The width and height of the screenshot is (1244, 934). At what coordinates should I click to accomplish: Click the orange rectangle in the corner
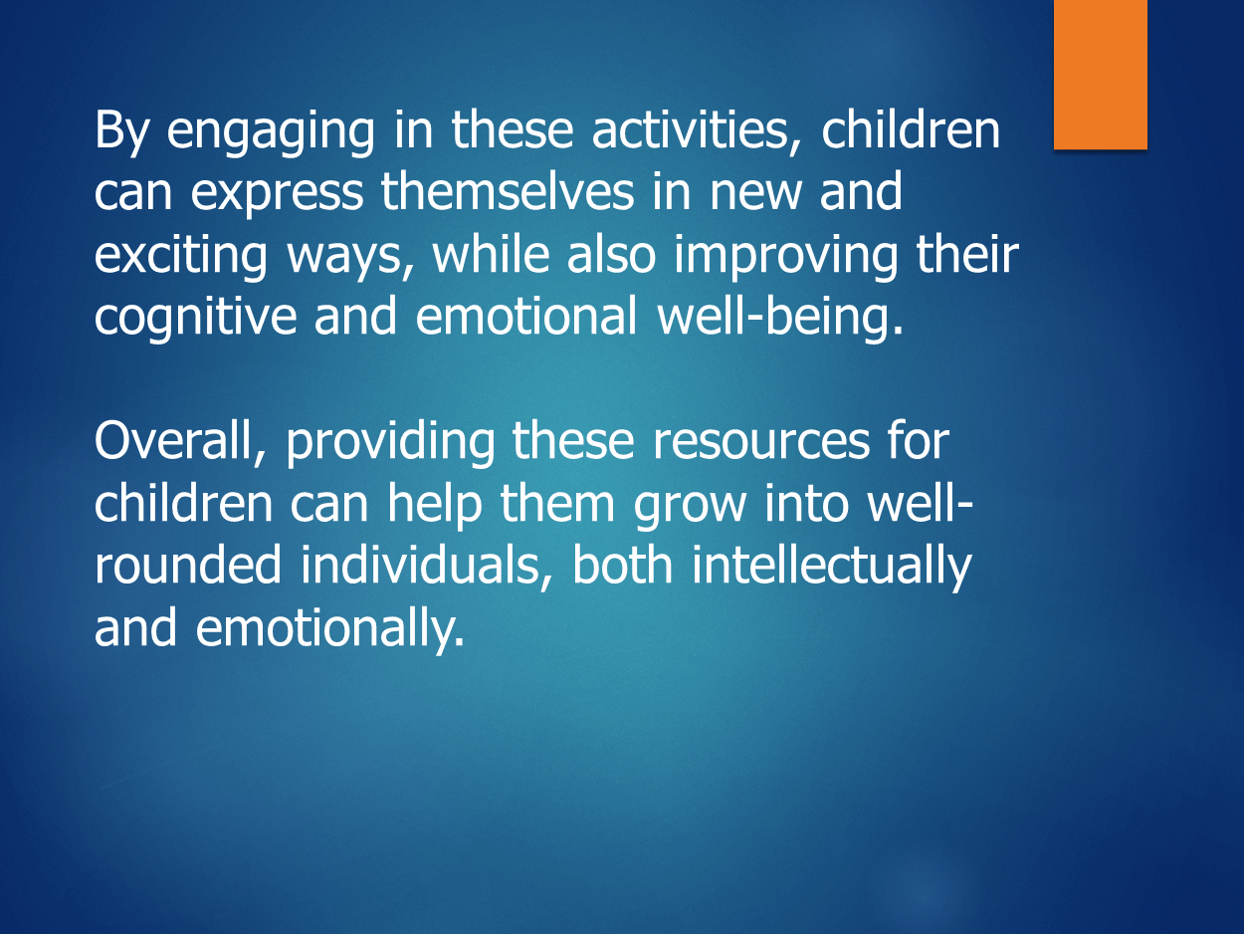[x=1100, y=75]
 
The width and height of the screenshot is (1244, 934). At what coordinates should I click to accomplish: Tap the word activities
[x=697, y=130]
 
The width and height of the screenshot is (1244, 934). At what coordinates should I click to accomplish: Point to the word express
[x=277, y=194]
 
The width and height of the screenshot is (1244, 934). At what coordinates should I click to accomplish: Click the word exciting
[x=180, y=256]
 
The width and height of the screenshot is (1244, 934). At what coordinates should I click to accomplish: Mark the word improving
[x=785, y=256]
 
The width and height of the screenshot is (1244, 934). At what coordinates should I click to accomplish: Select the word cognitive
[x=195, y=319]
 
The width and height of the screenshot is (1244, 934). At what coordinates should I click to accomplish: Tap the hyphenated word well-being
[x=780, y=319]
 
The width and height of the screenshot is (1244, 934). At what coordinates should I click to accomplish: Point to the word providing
[x=390, y=443]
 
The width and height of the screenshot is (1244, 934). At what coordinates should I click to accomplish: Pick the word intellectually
[x=832, y=568]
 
